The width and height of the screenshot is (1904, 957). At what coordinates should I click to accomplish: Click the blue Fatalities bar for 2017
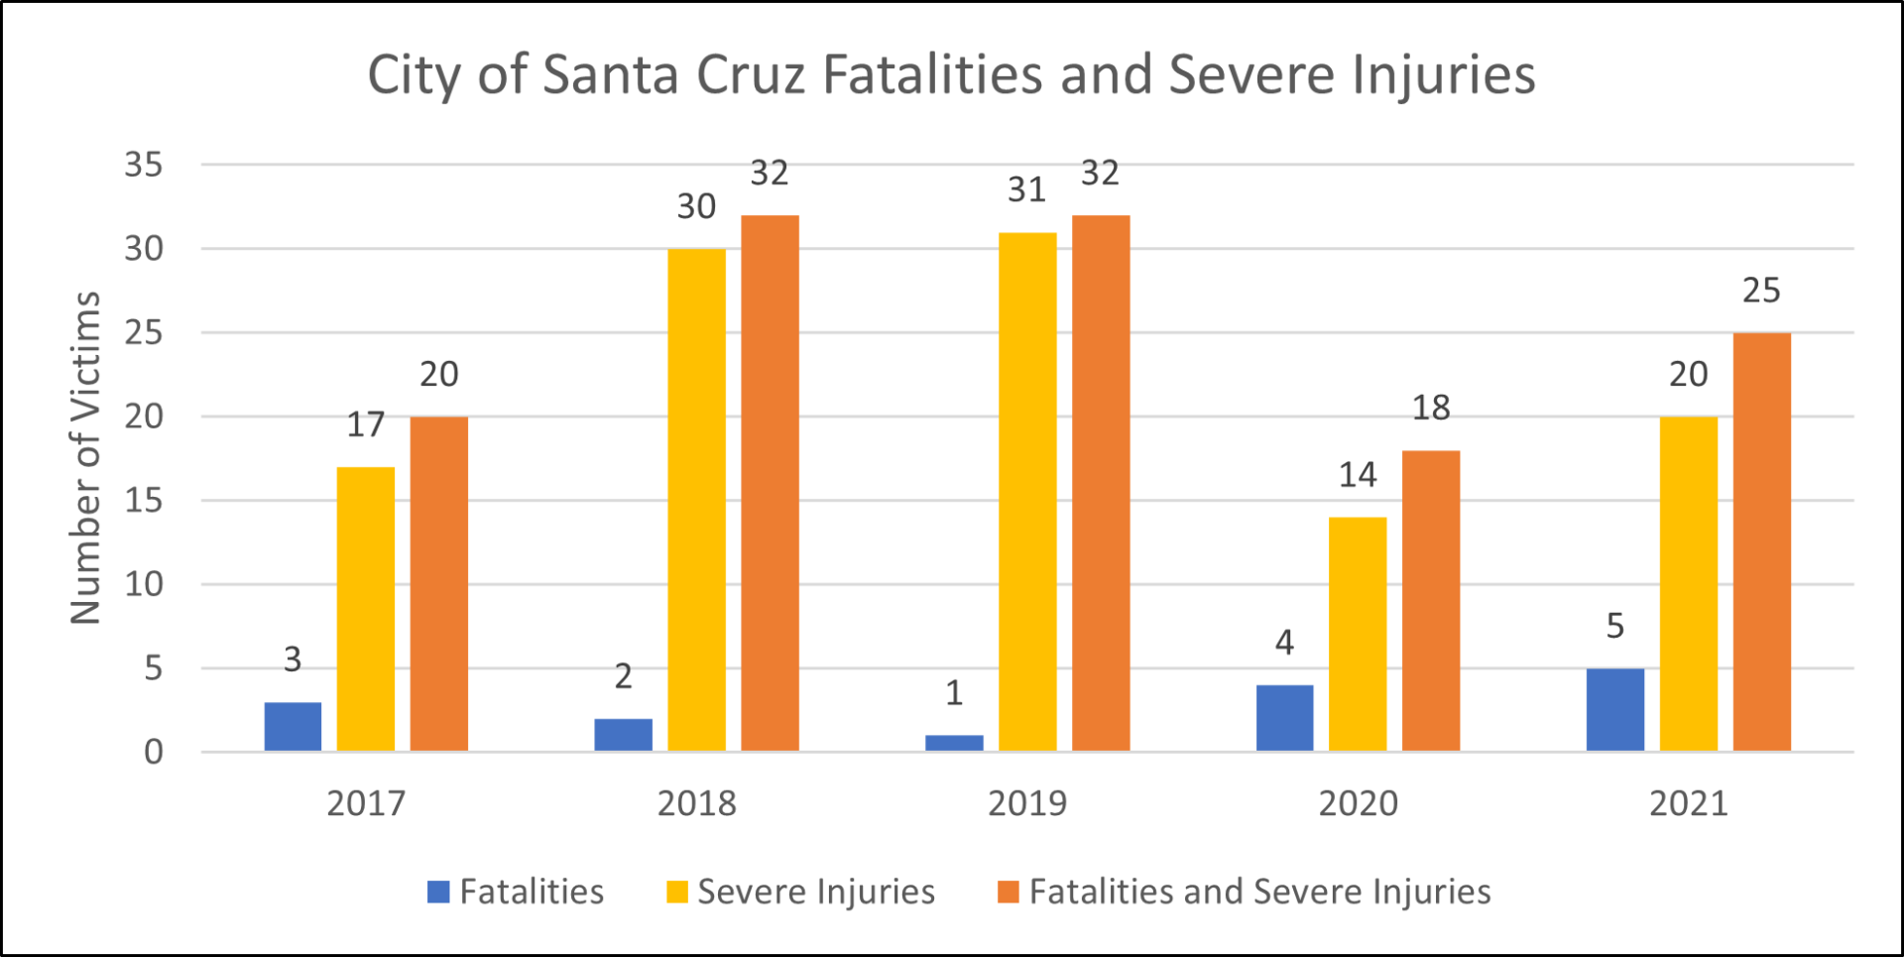click(x=293, y=727)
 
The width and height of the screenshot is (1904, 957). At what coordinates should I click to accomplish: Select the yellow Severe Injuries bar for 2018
click(x=696, y=500)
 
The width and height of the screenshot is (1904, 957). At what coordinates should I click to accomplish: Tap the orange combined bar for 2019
click(x=1101, y=483)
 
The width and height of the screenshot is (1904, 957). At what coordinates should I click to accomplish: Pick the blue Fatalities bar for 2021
click(x=1614, y=710)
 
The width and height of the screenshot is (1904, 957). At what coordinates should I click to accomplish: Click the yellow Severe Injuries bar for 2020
click(x=1358, y=635)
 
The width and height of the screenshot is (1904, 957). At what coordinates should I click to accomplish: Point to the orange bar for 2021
click(x=1761, y=541)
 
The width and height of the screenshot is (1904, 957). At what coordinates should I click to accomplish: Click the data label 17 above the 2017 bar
click(x=365, y=424)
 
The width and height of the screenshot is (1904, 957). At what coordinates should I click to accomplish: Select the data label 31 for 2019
click(x=1026, y=189)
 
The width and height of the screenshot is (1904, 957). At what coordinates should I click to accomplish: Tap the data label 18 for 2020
click(x=1430, y=408)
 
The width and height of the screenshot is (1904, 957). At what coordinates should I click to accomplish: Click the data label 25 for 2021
click(x=1761, y=291)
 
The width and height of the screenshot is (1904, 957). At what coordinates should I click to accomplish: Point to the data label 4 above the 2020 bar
click(x=1284, y=643)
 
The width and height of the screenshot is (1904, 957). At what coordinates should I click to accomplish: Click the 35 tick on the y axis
click(x=144, y=165)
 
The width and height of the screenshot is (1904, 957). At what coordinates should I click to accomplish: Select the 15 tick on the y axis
click(x=144, y=500)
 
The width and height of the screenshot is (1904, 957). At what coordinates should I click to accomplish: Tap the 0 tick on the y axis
click(x=154, y=752)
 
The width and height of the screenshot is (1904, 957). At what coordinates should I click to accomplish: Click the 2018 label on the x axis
click(x=696, y=803)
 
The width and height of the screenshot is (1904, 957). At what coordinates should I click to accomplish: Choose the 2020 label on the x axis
click(x=1358, y=803)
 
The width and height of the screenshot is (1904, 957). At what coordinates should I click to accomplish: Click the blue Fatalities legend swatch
click(x=438, y=892)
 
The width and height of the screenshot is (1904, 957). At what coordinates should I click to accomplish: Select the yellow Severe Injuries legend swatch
click(x=677, y=892)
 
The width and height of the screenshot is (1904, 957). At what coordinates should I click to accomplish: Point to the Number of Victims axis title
click(x=86, y=458)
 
